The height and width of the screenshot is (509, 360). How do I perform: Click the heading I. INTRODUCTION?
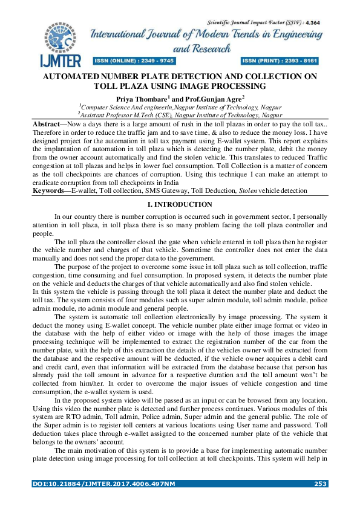click(x=180, y=205)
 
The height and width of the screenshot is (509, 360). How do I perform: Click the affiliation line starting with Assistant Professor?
click(x=180, y=114)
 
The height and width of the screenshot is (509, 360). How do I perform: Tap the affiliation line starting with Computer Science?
click(x=180, y=106)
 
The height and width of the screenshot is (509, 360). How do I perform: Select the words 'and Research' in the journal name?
click(x=201, y=48)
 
